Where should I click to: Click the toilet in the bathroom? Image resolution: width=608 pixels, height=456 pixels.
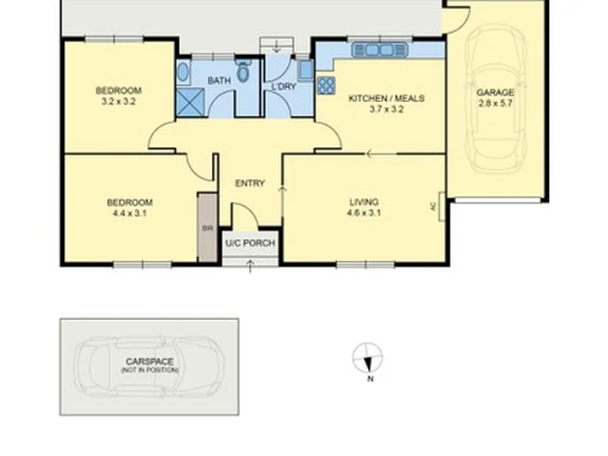[x=243, y=70]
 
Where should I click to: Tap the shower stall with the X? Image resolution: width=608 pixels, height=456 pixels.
[x=190, y=102]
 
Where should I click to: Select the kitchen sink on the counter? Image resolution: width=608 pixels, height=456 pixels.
[x=380, y=50]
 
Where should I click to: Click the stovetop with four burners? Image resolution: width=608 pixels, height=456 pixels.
[x=326, y=85]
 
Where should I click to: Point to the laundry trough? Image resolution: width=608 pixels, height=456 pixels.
[x=306, y=70]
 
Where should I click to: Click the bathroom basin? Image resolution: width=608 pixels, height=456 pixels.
[x=182, y=72]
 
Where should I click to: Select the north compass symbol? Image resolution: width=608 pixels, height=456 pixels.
[x=367, y=358]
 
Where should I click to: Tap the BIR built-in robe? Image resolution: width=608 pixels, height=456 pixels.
[x=208, y=228]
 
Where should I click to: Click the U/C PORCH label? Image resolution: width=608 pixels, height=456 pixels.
[x=250, y=243]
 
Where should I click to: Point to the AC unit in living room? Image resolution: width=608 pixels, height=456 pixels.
[x=442, y=206]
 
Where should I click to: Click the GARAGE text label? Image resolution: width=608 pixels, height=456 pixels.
[x=495, y=92]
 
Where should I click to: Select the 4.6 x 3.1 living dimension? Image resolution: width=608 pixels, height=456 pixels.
[x=364, y=213]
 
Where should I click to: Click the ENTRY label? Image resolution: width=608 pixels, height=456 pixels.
[x=250, y=183]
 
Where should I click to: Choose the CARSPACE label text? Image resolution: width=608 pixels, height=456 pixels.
[x=149, y=361]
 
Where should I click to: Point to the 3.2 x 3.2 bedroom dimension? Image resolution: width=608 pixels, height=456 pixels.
[x=118, y=101]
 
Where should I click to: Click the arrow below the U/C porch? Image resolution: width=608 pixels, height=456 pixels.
[x=250, y=266]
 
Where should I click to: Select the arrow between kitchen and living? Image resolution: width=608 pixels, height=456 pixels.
[x=382, y=154]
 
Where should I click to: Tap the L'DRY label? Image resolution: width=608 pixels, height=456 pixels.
[x=284, y=86]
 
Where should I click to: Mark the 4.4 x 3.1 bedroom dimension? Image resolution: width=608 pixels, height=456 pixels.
[x=129, y=214]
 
